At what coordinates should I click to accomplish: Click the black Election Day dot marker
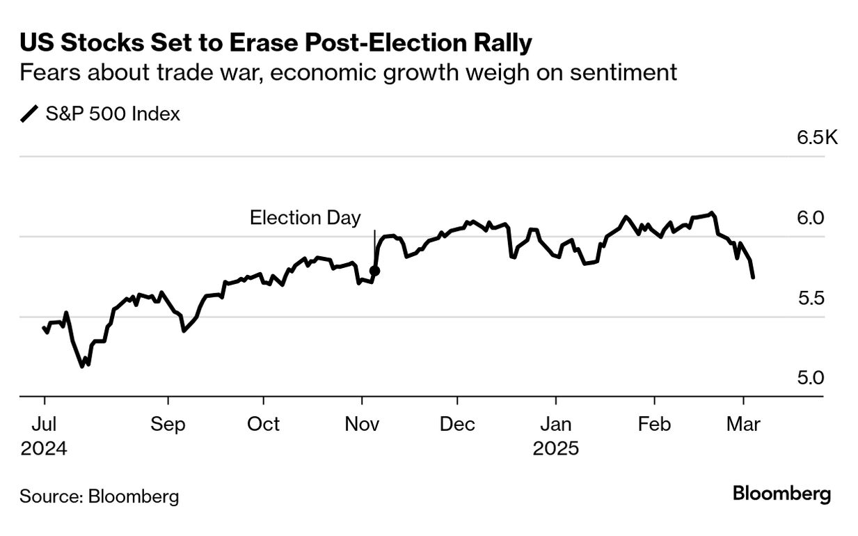[374, 271]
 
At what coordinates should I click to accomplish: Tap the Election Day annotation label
[305, 218]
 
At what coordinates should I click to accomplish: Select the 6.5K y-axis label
[818, 137]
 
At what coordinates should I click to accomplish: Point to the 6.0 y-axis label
[811, 218]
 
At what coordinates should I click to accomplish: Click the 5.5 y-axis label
[811, 298]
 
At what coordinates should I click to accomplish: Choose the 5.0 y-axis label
[811, 378]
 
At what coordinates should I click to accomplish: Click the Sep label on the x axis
[168, 424]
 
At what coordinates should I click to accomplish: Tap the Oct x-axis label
[264, 424]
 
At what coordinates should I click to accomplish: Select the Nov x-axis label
[361, 424]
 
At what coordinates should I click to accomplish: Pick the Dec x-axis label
[458, 424]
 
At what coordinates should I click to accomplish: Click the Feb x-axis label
[654, 424]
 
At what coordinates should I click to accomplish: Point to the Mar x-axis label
[744, 424]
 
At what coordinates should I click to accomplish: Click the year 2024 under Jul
[44, 448]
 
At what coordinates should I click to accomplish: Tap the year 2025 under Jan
[556, 448]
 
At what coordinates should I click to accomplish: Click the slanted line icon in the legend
[30, 114]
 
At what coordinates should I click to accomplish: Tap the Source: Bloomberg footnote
[99, 496]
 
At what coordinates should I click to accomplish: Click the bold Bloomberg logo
[781, 495]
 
